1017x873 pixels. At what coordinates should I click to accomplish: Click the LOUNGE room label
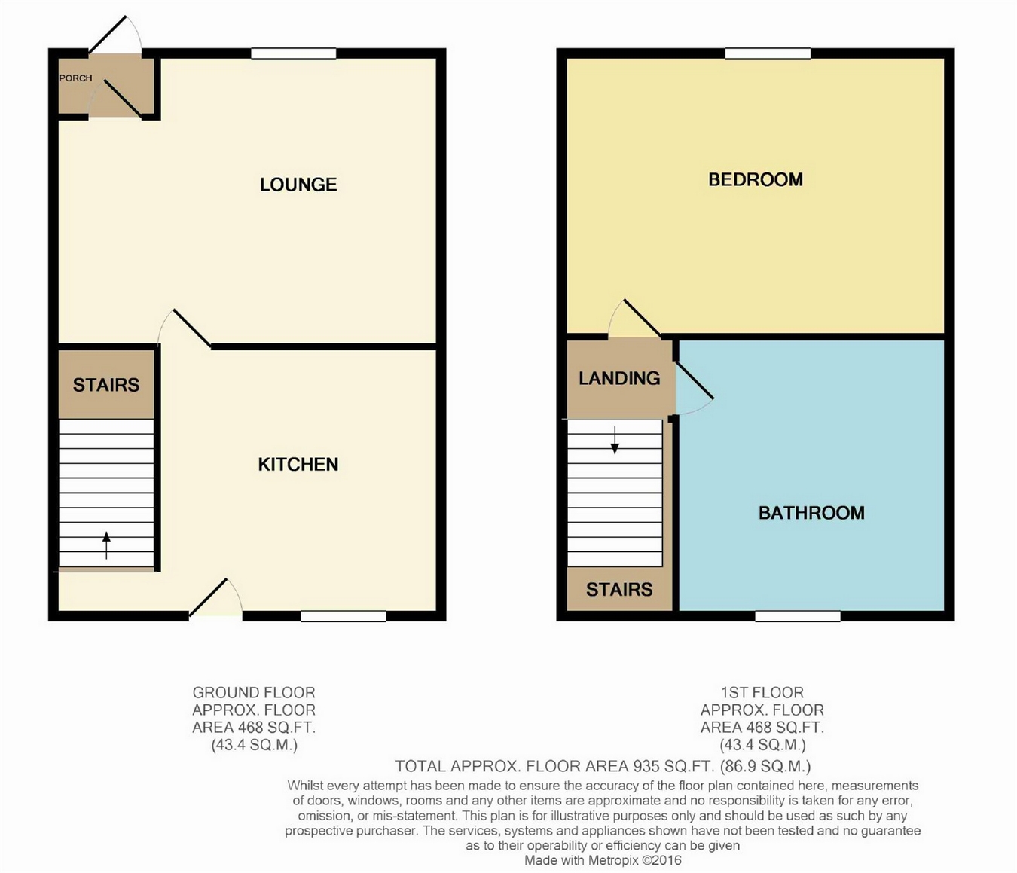[298, 185]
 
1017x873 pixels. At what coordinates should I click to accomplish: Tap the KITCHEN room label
[298, 465]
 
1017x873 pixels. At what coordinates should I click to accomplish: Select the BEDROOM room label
[756, 180]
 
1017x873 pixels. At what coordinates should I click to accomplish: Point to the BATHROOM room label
[811, 513]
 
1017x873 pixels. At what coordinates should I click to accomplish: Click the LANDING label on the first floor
[619, 378]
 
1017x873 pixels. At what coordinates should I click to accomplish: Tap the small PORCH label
[75, 78]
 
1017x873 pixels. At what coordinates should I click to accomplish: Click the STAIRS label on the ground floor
[106, 386]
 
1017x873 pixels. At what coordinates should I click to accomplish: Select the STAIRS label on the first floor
[619, 590]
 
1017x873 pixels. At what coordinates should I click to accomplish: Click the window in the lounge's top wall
[293, 53]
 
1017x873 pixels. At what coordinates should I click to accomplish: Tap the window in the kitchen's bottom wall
[343, 616]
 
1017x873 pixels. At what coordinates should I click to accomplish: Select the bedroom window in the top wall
[768, 53]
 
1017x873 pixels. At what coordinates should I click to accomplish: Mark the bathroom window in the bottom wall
[798, 616]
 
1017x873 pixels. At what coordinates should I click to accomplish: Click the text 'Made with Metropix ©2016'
[603, 860]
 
